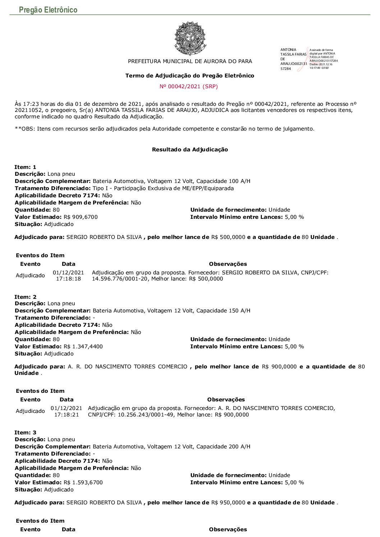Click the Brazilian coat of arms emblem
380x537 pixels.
point(190,38)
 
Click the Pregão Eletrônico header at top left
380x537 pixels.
point(48,10)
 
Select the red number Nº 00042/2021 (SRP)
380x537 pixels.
point(189,86)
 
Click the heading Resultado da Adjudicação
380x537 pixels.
point(190,150)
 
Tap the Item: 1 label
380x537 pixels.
point(25,167)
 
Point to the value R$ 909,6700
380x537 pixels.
point(80,217)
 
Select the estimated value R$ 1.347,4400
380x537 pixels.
point(83,347)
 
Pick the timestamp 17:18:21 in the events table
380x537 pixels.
point(66,415)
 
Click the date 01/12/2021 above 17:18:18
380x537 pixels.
point(68,272)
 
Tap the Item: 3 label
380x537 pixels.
point(25,433)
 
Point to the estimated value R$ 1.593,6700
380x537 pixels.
point(83,482)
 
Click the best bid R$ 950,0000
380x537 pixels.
point(228,503)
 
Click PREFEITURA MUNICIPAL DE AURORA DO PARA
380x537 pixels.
point(190,61)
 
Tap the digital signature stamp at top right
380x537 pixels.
point(309,59)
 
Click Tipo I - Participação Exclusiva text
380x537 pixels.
point(163,188)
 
